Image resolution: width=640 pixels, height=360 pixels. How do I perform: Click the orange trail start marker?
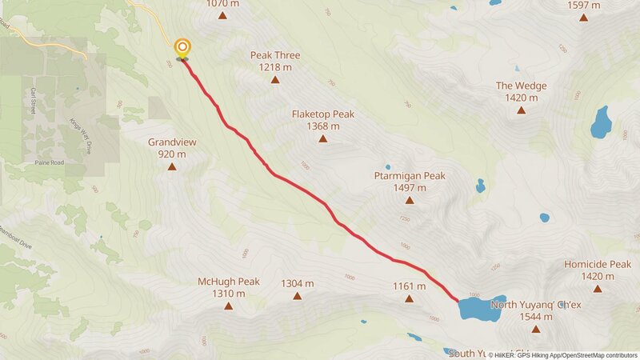coord(182,48)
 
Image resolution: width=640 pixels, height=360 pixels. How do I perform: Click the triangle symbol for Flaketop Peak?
coord(323,139)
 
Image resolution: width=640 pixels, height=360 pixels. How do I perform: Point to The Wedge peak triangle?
coord(521,110)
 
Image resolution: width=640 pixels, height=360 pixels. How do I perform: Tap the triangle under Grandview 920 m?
coord(172,166)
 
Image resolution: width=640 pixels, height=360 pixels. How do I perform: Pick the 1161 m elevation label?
coord(409,286)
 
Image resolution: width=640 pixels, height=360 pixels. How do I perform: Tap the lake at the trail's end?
coord(478,308)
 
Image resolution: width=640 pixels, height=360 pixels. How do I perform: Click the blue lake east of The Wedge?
coord(600,122)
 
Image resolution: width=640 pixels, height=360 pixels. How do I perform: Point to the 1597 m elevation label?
coord(583,4)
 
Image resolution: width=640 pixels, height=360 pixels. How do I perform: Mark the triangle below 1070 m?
coord(222,15)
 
